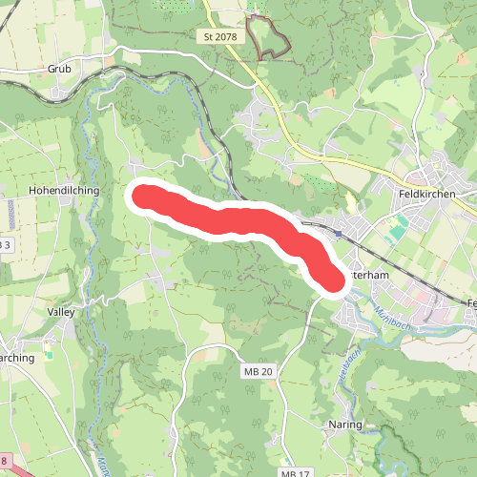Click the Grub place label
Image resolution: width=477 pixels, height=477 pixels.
59,70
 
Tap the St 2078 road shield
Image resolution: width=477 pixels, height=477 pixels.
219,37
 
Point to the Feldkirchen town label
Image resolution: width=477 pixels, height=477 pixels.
425,193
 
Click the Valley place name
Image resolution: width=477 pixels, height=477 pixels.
59,312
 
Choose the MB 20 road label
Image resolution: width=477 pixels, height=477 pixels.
258,371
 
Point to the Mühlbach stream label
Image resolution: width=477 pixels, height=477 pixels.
392,314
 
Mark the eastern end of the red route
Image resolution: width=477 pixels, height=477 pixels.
327,280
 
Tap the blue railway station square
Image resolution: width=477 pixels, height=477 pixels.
338,232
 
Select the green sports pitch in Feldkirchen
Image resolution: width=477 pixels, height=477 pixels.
396,226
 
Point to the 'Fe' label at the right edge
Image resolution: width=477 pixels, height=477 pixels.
471,303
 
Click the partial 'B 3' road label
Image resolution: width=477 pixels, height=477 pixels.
5,245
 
